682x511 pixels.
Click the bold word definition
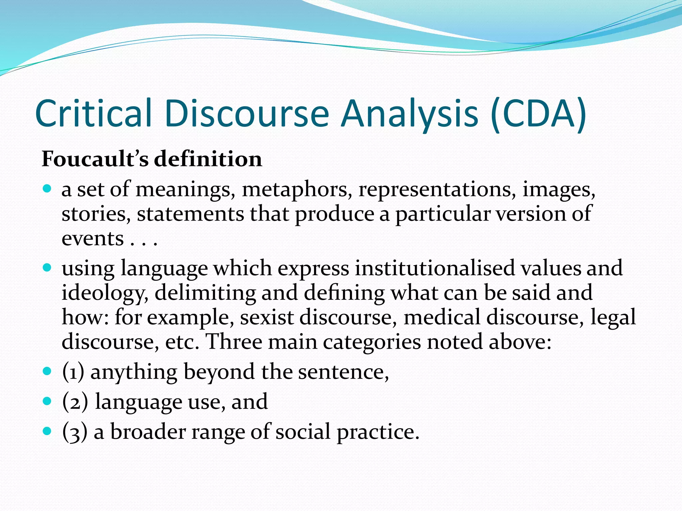(208, 159)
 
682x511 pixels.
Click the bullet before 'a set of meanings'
(48, 189)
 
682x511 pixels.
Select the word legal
(613, 317)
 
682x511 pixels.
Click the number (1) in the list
(73, 372)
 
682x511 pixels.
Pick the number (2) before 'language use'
(75, 402)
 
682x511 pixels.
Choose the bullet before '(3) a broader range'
(48, 431)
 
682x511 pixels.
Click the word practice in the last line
(378, 432)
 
